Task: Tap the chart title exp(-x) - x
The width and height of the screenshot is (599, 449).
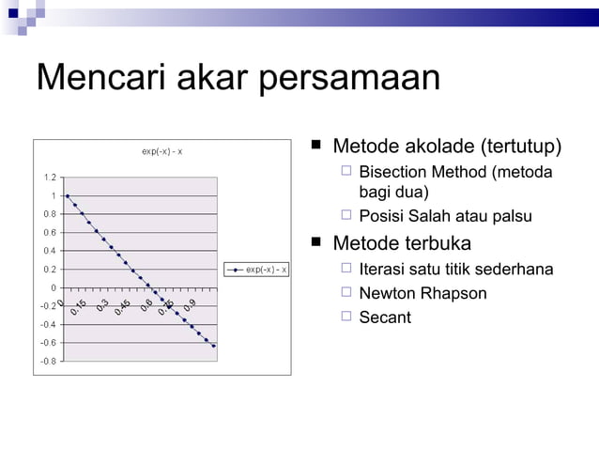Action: pyautogui.click(x=161, y=152)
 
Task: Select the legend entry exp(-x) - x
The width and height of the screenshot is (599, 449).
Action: pyautogui.click(x=266, y=270)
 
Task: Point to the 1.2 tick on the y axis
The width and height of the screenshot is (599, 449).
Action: pyautogui.click(x=48, y=178)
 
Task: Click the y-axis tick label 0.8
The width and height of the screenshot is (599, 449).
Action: pyautogui.click(x=48, y=214)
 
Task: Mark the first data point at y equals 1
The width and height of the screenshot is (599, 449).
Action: pyautogui.click(x=68, y=195)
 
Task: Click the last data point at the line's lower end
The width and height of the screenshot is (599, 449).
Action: pyautogui.click(x=214, y=346)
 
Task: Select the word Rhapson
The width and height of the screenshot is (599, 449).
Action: pyautogui.click(x=454, y=293)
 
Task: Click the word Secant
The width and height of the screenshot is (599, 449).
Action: pyautogui.click(x=385, y=317)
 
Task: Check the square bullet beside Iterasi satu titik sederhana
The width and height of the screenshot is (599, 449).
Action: pyautogui.click(x=346, y=269)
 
